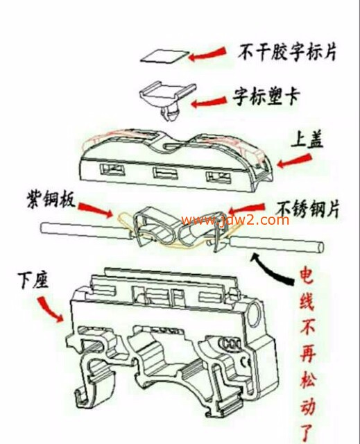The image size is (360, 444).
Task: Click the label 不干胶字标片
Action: pos(287,52)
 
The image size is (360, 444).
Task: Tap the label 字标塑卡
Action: pos(266,97)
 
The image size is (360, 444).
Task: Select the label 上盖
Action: pos(307,139)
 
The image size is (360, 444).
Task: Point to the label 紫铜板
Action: pos(51,200)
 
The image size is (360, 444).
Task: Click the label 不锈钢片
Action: pos(308,209)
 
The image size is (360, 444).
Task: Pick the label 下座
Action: pos(33,280)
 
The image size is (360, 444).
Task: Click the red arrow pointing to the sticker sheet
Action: pos(207,54)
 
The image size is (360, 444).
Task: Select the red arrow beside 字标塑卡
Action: pos(209,102)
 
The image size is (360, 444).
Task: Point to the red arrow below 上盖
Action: pos(294,161)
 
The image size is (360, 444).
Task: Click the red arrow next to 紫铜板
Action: pos(95,210)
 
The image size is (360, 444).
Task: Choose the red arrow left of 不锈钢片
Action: pos(246,208)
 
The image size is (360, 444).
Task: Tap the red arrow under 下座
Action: pos(50,309)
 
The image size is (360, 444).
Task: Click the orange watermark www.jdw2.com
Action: pos(235,220)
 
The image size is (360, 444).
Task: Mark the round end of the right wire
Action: pos(320,247)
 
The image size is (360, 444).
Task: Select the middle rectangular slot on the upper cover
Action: pos(166,173)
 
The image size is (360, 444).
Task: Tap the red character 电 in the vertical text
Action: pos(307,275)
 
